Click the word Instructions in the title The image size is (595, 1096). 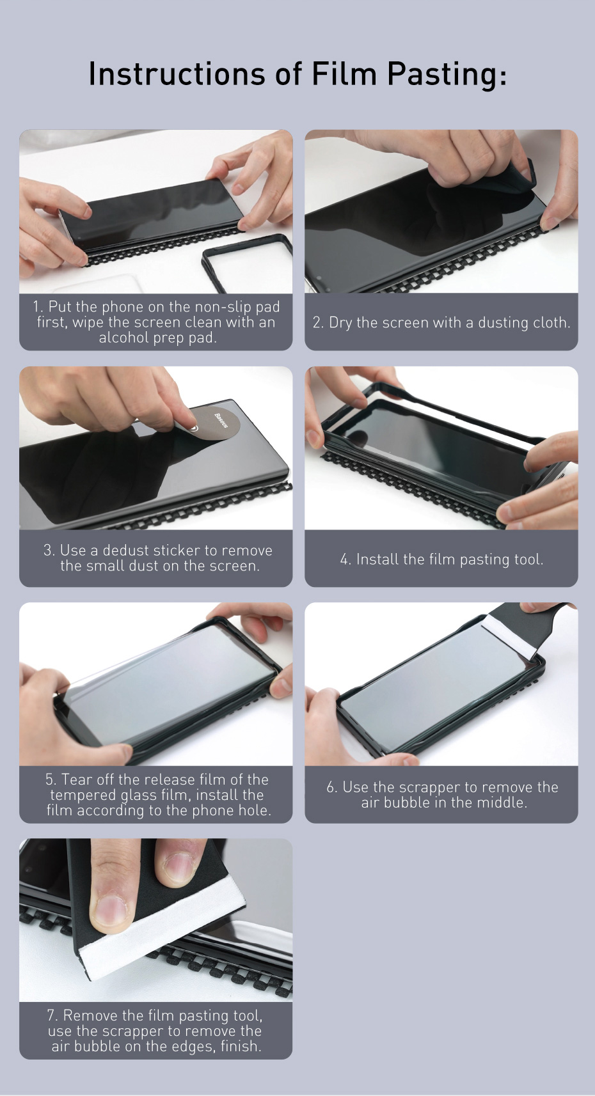177,74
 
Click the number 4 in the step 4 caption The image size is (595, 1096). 344,560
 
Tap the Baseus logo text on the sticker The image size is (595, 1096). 221,420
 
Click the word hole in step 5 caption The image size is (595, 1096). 253,810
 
